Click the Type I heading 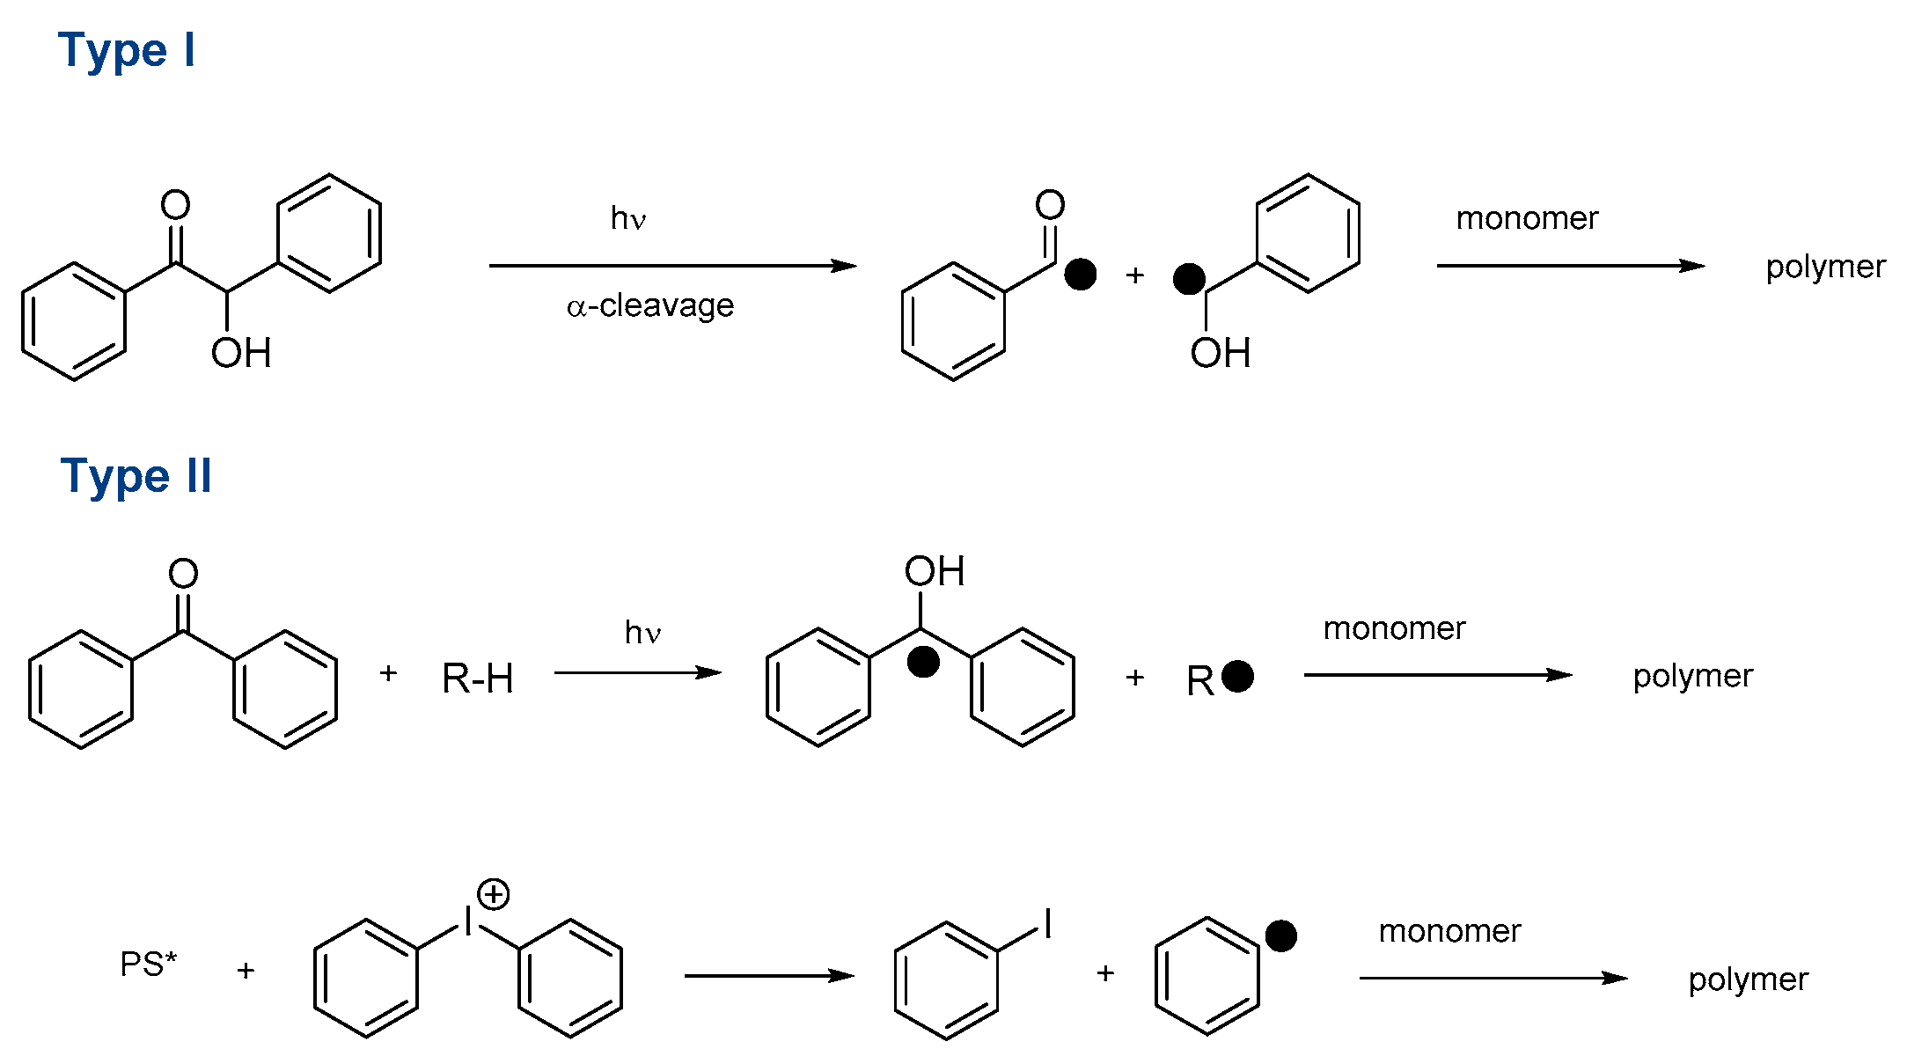pos(126,50)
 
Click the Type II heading pos(136,476)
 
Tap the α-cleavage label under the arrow pos(650,305)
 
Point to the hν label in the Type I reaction pos(628,218)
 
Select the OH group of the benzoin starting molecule pos(240,353)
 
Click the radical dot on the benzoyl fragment pos(1080,274)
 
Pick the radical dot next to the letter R pos(1237,676)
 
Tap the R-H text pos(477,679)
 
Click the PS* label pos(148,965)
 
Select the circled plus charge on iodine pos(494,894)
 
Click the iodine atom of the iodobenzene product pos(1047,924)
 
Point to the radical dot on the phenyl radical pos(1280,935)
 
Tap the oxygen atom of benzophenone pos(183,574)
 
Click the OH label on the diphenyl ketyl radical pos(934,571)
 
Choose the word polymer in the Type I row pos(1825,267)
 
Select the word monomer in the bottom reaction pos(1449,931)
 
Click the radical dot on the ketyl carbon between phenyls pos(922,662)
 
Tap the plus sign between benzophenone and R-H pos(388,673)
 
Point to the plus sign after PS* pos(246,970)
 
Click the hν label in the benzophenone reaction pos(642,633)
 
